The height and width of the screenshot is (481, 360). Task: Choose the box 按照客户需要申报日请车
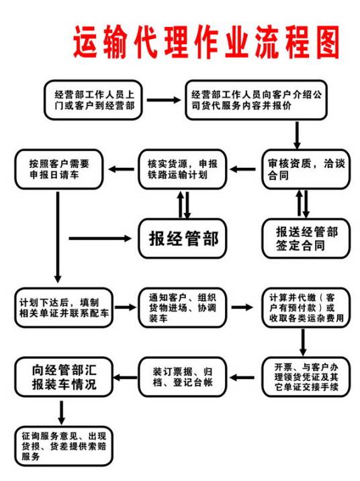(58, 168)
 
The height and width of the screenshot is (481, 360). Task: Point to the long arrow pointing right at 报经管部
(101, 238)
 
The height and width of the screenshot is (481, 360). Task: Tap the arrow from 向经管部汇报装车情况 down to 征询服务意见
(62, 411)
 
